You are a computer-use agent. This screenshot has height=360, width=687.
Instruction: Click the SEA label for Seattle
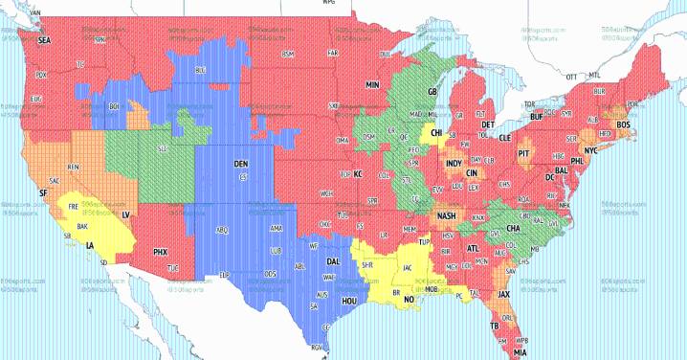(44, 41)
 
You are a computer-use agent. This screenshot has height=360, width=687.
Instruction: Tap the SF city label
(42, 192)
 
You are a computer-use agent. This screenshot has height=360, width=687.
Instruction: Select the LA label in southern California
(90, 245)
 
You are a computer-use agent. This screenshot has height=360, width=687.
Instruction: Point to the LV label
(126, 216)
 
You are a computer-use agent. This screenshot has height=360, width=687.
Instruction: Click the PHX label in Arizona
(161, 252)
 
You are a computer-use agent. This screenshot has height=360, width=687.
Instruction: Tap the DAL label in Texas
(333, 260)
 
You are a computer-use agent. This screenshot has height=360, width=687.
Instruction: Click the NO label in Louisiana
(409, 299)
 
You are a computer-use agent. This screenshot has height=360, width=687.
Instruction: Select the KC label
(359, 174)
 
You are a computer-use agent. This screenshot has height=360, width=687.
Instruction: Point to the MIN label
(371, 85)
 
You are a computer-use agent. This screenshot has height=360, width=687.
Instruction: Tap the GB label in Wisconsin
(432, 92)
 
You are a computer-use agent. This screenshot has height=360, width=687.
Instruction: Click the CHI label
(436, 133)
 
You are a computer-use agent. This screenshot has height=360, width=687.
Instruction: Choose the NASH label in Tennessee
(446, 216)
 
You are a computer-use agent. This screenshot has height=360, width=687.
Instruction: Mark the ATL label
(473, 248)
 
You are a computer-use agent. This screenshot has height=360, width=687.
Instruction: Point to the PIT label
(523, 152)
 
